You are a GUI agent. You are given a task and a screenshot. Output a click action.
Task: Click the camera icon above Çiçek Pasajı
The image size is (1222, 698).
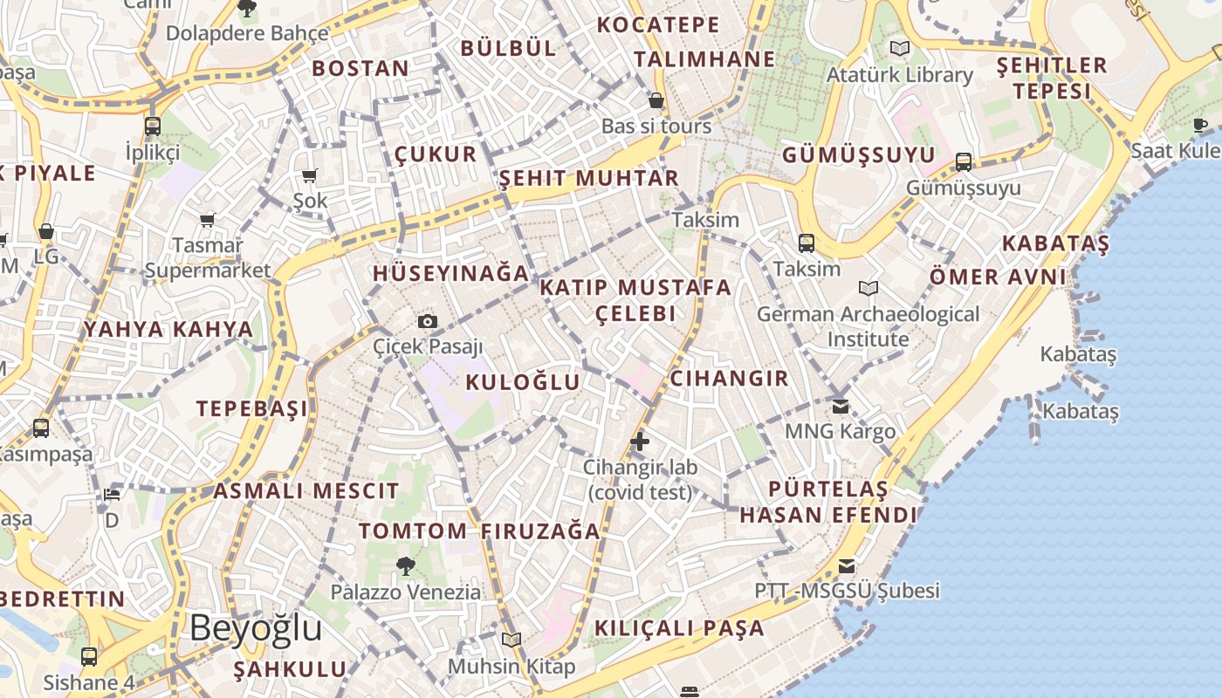point(427,321)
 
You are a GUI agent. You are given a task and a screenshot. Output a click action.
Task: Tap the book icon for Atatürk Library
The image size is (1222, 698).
point(899,48)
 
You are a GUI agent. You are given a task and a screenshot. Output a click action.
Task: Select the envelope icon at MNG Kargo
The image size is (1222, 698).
point(841,406)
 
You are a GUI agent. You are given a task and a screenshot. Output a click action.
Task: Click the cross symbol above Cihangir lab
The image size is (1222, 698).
point(640,441)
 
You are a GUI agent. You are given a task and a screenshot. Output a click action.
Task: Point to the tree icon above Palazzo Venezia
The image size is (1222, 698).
point(405,566)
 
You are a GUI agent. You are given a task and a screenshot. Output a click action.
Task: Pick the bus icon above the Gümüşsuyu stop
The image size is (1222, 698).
point(964,161)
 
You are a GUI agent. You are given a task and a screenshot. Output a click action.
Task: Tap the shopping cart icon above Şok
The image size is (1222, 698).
point(309,175)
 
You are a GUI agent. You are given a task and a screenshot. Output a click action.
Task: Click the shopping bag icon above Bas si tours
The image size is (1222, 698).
point(656,100)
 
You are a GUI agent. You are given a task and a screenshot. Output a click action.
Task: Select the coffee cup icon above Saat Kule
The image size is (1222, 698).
point(1201,125)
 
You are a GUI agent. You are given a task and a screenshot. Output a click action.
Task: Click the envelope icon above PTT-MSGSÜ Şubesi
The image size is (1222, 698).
point(847,565)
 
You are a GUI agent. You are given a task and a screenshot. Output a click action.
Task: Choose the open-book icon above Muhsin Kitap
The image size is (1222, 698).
point(511,640)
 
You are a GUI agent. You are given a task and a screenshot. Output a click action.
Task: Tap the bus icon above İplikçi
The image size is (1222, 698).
point(153,126)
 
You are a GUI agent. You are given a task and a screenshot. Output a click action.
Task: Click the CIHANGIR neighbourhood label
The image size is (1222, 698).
point(729,379)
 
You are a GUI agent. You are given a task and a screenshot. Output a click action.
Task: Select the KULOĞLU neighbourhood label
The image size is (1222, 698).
point(522,382)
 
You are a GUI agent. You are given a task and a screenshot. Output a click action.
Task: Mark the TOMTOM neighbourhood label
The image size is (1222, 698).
point(413,530)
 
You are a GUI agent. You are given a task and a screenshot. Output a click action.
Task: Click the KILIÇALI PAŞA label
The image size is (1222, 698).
point(679,628)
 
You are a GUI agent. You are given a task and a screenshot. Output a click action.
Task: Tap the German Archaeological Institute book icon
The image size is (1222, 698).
point(868,288)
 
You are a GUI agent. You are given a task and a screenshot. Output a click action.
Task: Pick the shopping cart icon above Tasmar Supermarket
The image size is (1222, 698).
point(207,220)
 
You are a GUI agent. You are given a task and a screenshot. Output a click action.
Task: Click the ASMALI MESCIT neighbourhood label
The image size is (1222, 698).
point(305,491)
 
